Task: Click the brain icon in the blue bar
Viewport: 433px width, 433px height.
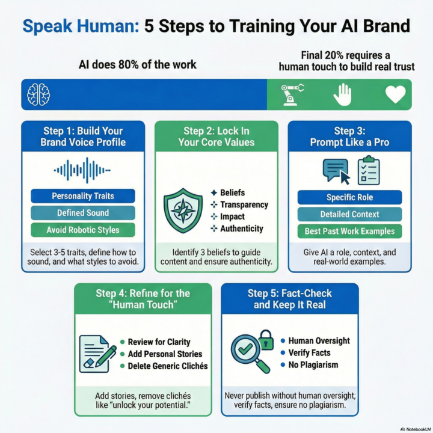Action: pyautogui.click(x=38, y=94)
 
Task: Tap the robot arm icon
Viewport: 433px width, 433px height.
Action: pyautogui.click(x=292, y=94)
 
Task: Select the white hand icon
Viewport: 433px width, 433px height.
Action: pyautogui.click(x=342, y=94)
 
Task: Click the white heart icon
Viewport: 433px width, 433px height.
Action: pyautogui.click(x=396, y=94)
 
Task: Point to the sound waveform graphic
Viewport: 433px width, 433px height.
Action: pyautogui.click(x=82, y=170)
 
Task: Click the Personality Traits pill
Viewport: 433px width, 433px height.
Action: pyautogui.click(x=83, y=196)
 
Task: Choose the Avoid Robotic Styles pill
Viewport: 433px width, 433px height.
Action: pyautogui.click(x=83, y=230)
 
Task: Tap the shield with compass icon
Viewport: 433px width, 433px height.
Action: pyautogui.click(x=183, y=210)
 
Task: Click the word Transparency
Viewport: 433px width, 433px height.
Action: pyautogui.click(x=244, y=204)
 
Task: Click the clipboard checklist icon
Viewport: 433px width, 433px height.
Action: pyautogui.click(x=369, y=170)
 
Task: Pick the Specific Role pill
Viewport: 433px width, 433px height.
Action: pyautogui.click(x=349, y=197)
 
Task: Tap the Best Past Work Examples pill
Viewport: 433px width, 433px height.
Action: pyautogui.click(x=349, y=231)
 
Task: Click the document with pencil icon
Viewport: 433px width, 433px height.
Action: pyautogui.click(x=97, y=354)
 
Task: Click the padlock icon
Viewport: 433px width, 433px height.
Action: pyautogui.click(x=266, y=340)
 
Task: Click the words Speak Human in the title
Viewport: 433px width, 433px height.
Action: pyautogui.click(x=81, y=26)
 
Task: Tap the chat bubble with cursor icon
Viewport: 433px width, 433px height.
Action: pyautogui.click(x=336, y=171)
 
